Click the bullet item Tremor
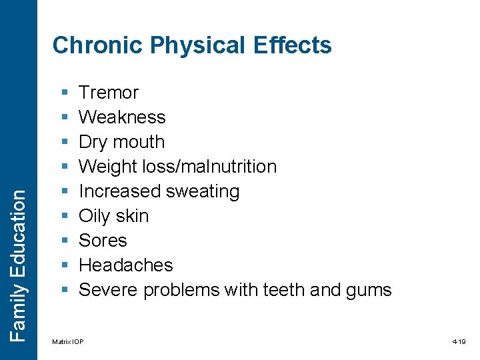(x=109, y=93)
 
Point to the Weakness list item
(x=122, y=117)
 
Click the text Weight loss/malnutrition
(x=177, y=167)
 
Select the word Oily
(x=95, y=216)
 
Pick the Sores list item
(x=103, y=241)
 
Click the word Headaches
(x=125, y=265)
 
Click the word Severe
(x=109, y=290)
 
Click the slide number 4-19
(x=459, y=342)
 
